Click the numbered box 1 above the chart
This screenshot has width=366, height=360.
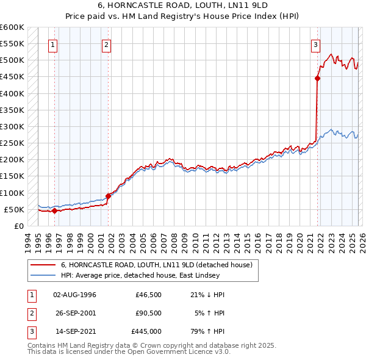(53, 44)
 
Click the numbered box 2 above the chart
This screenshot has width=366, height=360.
(106, 44)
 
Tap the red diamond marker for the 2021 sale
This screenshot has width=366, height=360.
(318, 78)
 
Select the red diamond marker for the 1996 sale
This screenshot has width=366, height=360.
(54, 211)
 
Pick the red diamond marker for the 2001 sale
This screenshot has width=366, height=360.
(109, 196)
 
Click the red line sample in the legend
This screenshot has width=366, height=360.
(42, 265)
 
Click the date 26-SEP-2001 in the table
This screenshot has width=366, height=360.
(74, 313)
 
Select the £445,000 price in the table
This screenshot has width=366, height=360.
(146, 332)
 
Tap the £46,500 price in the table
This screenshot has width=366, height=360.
(148, 294)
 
